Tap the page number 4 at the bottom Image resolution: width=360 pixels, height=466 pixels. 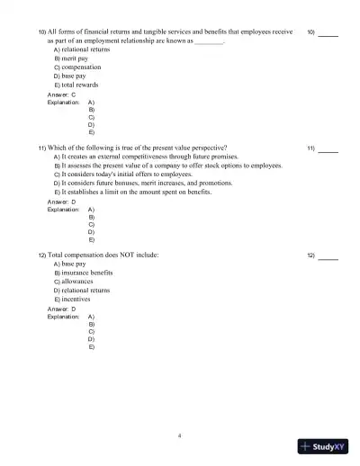pos(180,435)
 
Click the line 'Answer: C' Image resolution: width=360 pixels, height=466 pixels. pos(61,94)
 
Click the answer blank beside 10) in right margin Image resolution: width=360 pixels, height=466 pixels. pos(328,32)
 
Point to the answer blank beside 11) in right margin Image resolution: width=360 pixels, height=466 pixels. pos(328,148)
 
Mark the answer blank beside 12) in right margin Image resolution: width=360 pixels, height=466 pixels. pos(328,255)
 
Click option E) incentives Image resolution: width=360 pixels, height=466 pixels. pos(74,300)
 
